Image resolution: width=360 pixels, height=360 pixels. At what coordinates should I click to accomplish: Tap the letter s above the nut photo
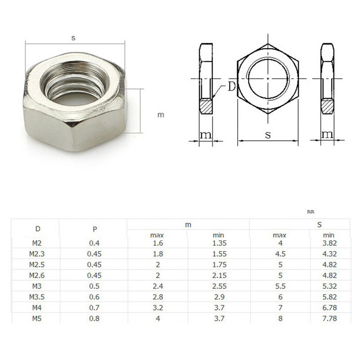73,38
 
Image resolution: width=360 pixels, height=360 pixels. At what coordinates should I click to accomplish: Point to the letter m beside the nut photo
161,115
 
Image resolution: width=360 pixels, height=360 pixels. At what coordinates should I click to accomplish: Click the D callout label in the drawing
231,86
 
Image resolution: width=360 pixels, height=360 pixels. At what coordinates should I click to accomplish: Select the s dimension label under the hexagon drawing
268,135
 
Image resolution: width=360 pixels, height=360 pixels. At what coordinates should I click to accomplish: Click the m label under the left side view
206,135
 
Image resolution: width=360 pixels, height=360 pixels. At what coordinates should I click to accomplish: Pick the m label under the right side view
327,135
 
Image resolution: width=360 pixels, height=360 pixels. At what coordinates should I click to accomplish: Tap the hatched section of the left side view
206,106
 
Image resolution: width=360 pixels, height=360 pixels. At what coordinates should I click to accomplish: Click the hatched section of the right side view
327,106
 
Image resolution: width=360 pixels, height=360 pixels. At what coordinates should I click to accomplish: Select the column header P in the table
94,229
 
